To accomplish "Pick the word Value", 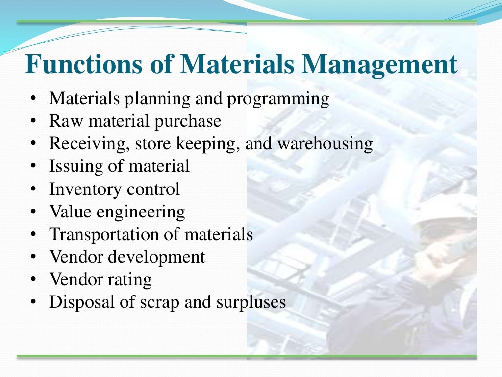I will pos(71,212).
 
